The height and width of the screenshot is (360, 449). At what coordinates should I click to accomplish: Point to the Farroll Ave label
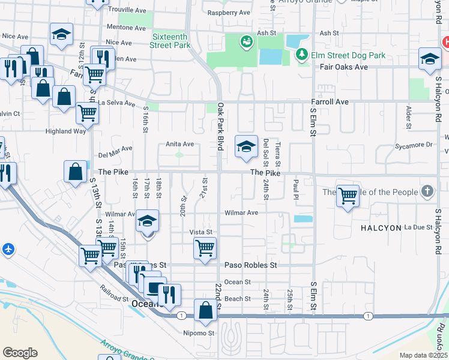[330, 102]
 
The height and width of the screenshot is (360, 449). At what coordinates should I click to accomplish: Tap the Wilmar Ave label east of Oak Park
[241, 213]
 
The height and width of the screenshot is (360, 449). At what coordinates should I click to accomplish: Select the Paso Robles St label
[250, 265]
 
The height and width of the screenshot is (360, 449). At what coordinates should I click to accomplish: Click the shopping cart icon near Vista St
[205, 247]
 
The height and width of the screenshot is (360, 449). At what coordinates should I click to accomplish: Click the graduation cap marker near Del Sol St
[246, 147]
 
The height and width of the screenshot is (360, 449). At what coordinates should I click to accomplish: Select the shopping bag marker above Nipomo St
[205, 310]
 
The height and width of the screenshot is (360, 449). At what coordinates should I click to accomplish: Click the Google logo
[20, 353]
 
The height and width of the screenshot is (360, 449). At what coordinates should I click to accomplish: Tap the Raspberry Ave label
[229, 13]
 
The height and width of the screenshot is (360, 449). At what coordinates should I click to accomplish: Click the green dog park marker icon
[246, 41]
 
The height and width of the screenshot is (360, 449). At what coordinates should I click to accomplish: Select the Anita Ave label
[180, 144]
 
